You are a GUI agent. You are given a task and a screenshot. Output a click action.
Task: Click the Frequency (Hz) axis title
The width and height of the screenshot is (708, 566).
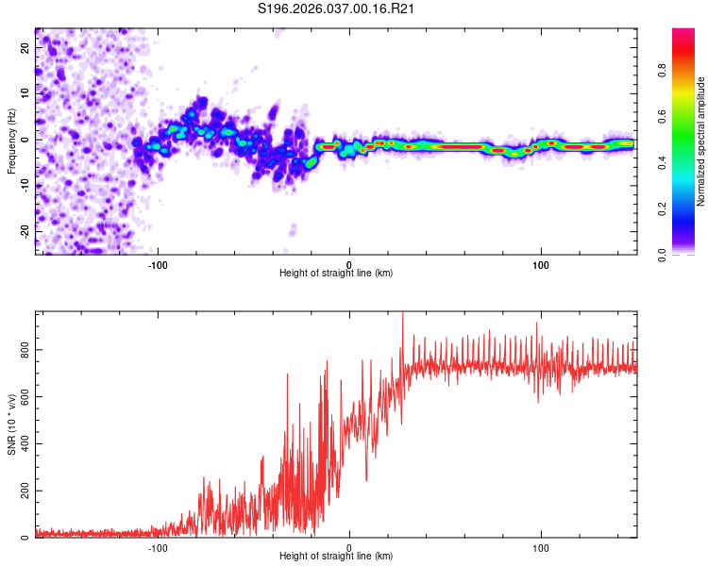[11, 141]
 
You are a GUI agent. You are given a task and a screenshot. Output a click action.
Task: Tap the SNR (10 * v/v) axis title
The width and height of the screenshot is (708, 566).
[11, 424]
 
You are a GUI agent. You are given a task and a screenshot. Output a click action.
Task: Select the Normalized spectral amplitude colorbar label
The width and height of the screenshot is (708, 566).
[701, 141]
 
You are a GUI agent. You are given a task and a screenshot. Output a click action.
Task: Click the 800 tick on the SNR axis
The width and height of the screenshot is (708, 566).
[22, 350]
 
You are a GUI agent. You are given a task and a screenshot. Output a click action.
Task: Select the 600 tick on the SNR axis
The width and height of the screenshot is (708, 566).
[22, 397]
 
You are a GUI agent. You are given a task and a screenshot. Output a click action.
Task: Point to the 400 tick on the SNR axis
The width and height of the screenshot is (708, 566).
[22, 444]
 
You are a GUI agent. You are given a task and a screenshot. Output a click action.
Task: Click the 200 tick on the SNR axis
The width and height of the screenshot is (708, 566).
[22, 491]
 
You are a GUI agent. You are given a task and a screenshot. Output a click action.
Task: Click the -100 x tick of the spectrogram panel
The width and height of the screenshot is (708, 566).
[158, 264]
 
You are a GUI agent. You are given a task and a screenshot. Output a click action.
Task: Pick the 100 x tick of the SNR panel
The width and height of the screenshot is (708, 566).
[541, 547]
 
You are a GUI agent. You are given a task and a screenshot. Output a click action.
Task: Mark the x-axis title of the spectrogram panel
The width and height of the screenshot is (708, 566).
[336, 274]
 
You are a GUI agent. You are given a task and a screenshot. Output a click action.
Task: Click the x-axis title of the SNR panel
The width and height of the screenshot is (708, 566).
[336, 557]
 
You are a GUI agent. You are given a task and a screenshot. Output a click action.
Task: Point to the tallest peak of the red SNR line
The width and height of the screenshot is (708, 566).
[403, 314]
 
